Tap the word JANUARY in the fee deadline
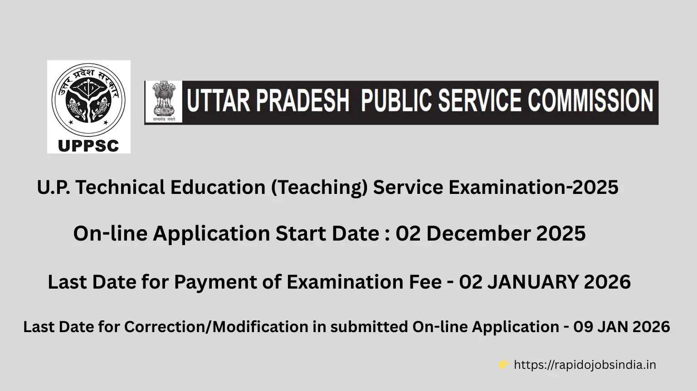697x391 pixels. tap(532, 282)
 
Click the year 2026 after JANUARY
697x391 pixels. tap(607, 282)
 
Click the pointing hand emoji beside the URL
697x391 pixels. tap(504, 365)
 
